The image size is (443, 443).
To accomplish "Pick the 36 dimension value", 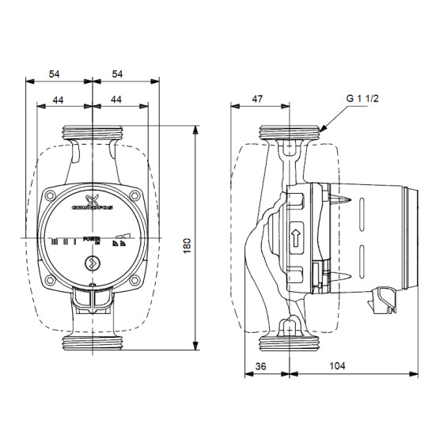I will point(262,368).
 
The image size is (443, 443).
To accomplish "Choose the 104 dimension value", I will point(337,368).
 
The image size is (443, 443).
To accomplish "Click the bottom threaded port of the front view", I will point(93,343).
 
